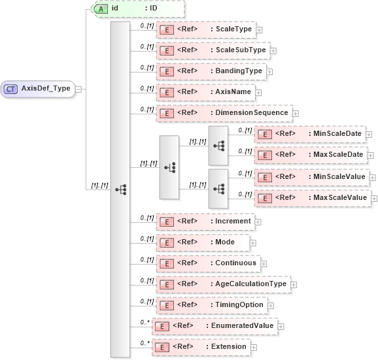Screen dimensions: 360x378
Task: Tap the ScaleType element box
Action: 205,30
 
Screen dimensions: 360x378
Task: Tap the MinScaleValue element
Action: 311,176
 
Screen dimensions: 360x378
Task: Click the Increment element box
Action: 205,221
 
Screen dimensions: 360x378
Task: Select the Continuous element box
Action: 208,263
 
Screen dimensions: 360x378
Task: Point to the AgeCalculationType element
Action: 223,284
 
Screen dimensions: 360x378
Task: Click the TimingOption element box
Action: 211,305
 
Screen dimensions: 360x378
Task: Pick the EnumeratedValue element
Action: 215,325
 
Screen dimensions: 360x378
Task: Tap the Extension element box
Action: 201,347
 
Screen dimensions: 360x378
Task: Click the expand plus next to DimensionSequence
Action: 296,113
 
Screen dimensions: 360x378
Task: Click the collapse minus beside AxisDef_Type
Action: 78,89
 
